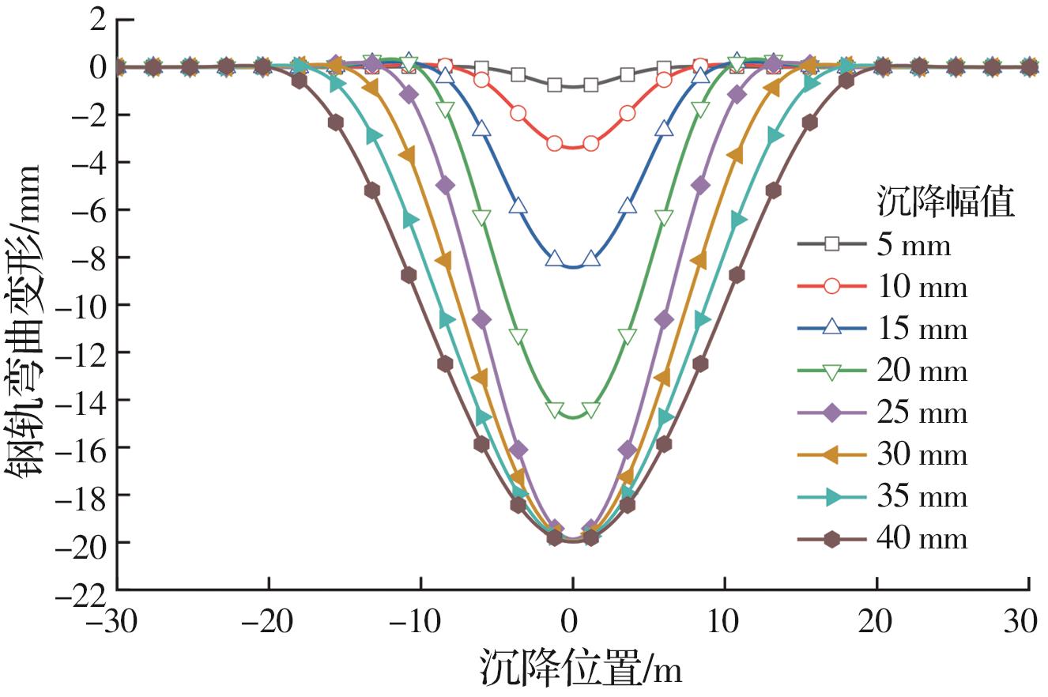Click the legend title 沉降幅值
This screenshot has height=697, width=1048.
pos(945,203)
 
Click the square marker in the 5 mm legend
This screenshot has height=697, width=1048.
pos(831,245)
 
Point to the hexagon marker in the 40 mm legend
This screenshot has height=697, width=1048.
pos(831,538)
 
